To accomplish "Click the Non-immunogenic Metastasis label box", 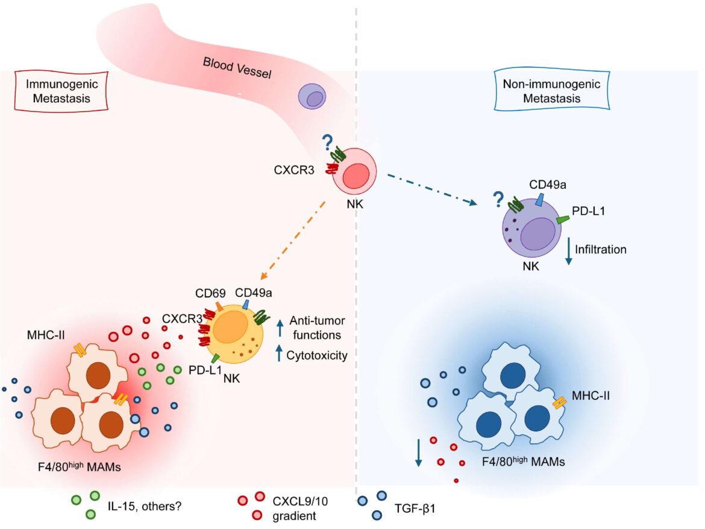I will click(x=542, y=92).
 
